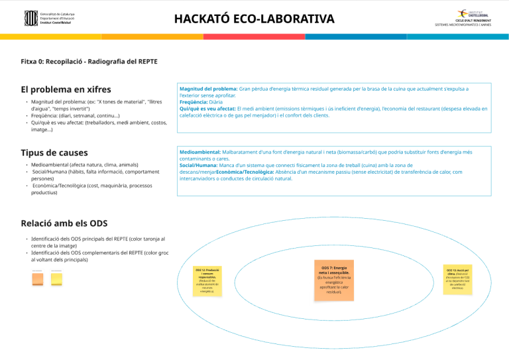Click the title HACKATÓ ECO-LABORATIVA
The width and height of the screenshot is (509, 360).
(254, 19)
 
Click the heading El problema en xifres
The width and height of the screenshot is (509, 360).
(66, 90)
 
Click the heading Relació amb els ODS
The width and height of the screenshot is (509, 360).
(64, 223)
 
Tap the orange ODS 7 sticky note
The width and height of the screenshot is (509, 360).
(334, 282)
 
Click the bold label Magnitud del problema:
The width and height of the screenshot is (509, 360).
(209, 88)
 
